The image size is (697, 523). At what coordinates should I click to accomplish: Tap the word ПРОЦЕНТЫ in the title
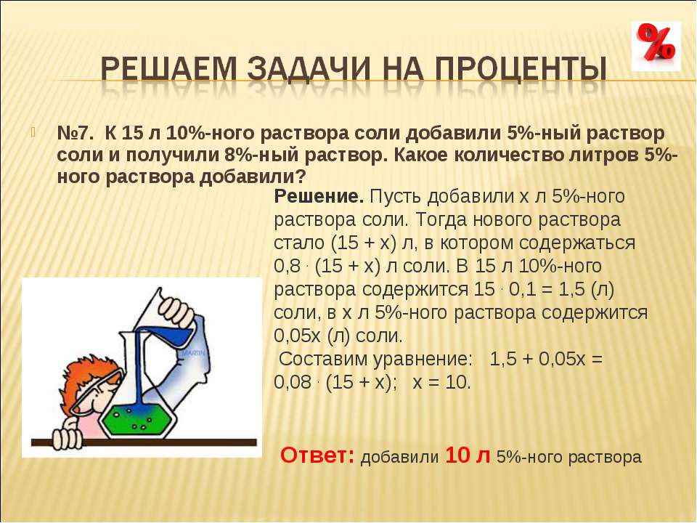tap(521, 69)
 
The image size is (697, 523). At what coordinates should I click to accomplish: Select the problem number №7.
tap(76, 134)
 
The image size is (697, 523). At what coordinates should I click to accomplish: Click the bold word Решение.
tap(319, 196)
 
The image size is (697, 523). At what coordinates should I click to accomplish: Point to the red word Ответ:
tap(317, 455)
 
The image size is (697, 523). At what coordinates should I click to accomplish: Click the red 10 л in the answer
tap(468, 455)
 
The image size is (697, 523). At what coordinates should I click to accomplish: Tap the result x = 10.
tap(441, 382)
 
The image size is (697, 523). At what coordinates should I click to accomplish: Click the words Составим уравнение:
tap(375, 359)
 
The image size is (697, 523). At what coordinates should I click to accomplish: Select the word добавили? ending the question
tap(253, 177)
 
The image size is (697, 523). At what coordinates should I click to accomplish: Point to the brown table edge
tap(144, 442)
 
